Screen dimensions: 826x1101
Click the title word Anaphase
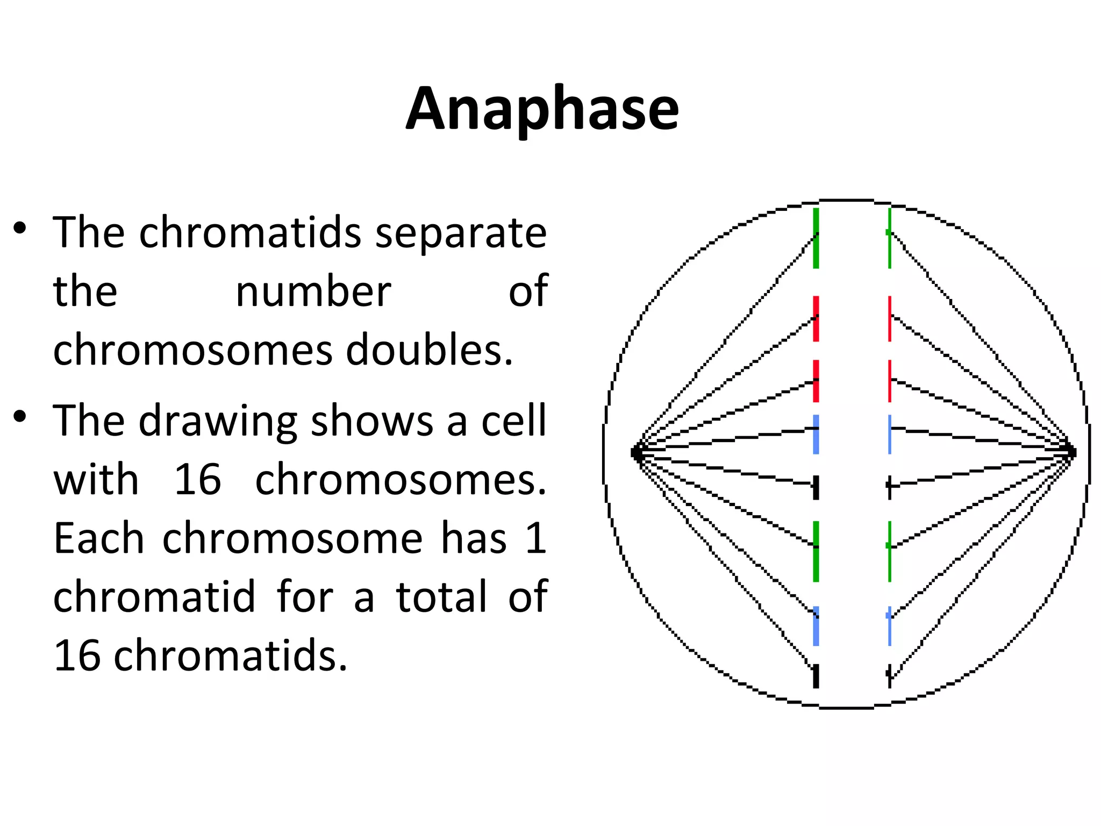pyautogui.click(x=542, y=109)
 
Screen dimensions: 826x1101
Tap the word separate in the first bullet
pyautogui.click(x=460, y=233)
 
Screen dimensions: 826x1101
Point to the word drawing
pyautogui.click(x=217, y=422)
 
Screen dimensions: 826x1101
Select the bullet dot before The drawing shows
pyautogui.click(x=20, y=416)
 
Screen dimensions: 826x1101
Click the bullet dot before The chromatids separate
pyautogui.click(x=20, y=228)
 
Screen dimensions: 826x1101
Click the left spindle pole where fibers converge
pyautogui.click(x=638, y=452)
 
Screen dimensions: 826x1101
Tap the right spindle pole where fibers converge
pyautogui.click(x=1070, y=451)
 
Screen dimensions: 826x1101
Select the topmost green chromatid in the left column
pyautogui.click(x=816, y=238)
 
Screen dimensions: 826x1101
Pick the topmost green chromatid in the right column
pyautogui.click(x=890, y=238)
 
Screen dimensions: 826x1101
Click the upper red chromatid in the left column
pyautogui.click(x=816, y=318)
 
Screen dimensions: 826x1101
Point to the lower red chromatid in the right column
pyautogui.click(x=890, y=381)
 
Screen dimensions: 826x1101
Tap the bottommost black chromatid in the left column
pyautogui.click(x=816, y=676)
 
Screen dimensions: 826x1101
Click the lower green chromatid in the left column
pyautogui.click(x=816, y=551)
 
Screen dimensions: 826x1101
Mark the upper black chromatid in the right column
pyautogui.click(x=890, y=487)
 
